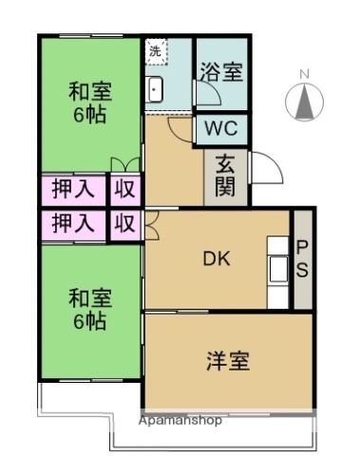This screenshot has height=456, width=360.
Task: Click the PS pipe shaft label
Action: (x=302, y=259)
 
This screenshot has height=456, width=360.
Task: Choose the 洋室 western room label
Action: (x=228, y=361)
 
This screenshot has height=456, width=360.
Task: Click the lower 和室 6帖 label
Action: (x=89, y=309)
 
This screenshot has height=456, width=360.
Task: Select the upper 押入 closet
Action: (x=73, y=189)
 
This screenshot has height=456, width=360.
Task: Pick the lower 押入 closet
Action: (x=73, y=224)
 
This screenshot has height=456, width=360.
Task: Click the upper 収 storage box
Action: (x=123, y=189)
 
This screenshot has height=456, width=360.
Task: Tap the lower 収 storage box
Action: (x=123, y=224)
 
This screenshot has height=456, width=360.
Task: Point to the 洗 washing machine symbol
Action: (x=157, y=51)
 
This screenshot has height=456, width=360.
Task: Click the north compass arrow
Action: (x=304, y=101)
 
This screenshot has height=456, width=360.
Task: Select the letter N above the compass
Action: (x=304, y=74)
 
